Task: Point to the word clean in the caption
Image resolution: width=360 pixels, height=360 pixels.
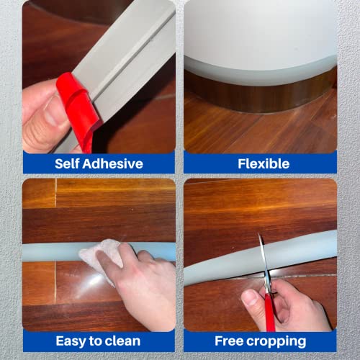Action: click(x=123, y=341)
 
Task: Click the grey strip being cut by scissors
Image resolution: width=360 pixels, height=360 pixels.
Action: click(x=302, y=252)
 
